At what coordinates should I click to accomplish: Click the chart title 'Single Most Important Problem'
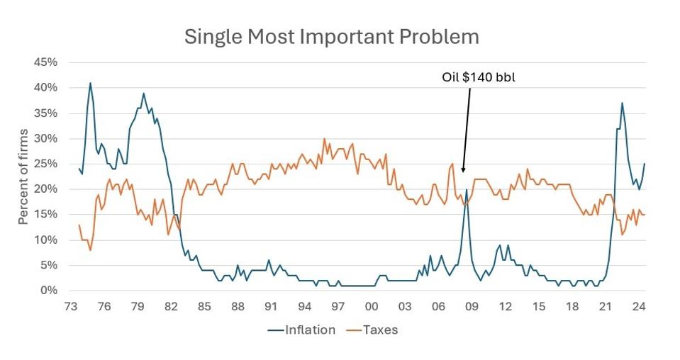331,37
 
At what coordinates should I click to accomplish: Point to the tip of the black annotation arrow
462,173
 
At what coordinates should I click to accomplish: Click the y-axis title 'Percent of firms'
23,176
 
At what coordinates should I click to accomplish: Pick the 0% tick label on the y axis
48,291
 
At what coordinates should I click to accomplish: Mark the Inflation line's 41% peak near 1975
90,83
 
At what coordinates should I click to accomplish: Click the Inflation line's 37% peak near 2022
622,103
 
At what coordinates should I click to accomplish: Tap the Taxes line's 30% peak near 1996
324,139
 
